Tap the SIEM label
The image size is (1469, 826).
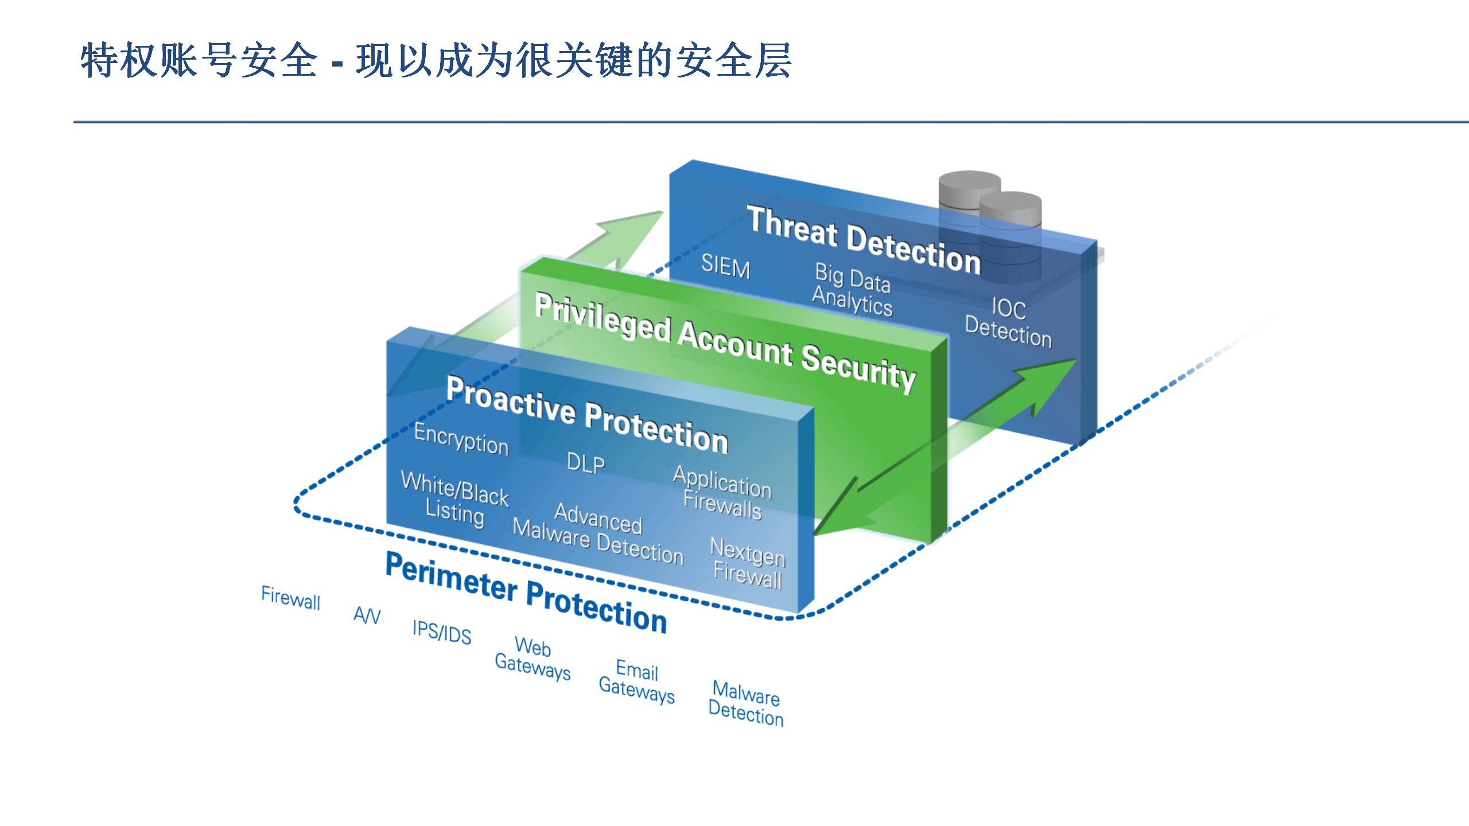point(725,267)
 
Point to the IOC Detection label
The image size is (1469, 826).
point(1008,323)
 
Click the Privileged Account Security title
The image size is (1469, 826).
point(725,343)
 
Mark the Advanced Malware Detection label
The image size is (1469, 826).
point(598,533)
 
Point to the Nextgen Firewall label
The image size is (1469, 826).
point(747,563)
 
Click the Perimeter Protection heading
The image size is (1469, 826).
point(526,593)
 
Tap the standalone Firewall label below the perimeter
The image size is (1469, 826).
point(290,598)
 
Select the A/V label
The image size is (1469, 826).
point(367,615)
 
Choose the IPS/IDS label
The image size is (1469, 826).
point(442,632)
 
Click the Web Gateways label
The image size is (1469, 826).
point(533,657)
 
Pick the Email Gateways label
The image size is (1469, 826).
point(636,681)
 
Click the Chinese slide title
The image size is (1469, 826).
point(436,60)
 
